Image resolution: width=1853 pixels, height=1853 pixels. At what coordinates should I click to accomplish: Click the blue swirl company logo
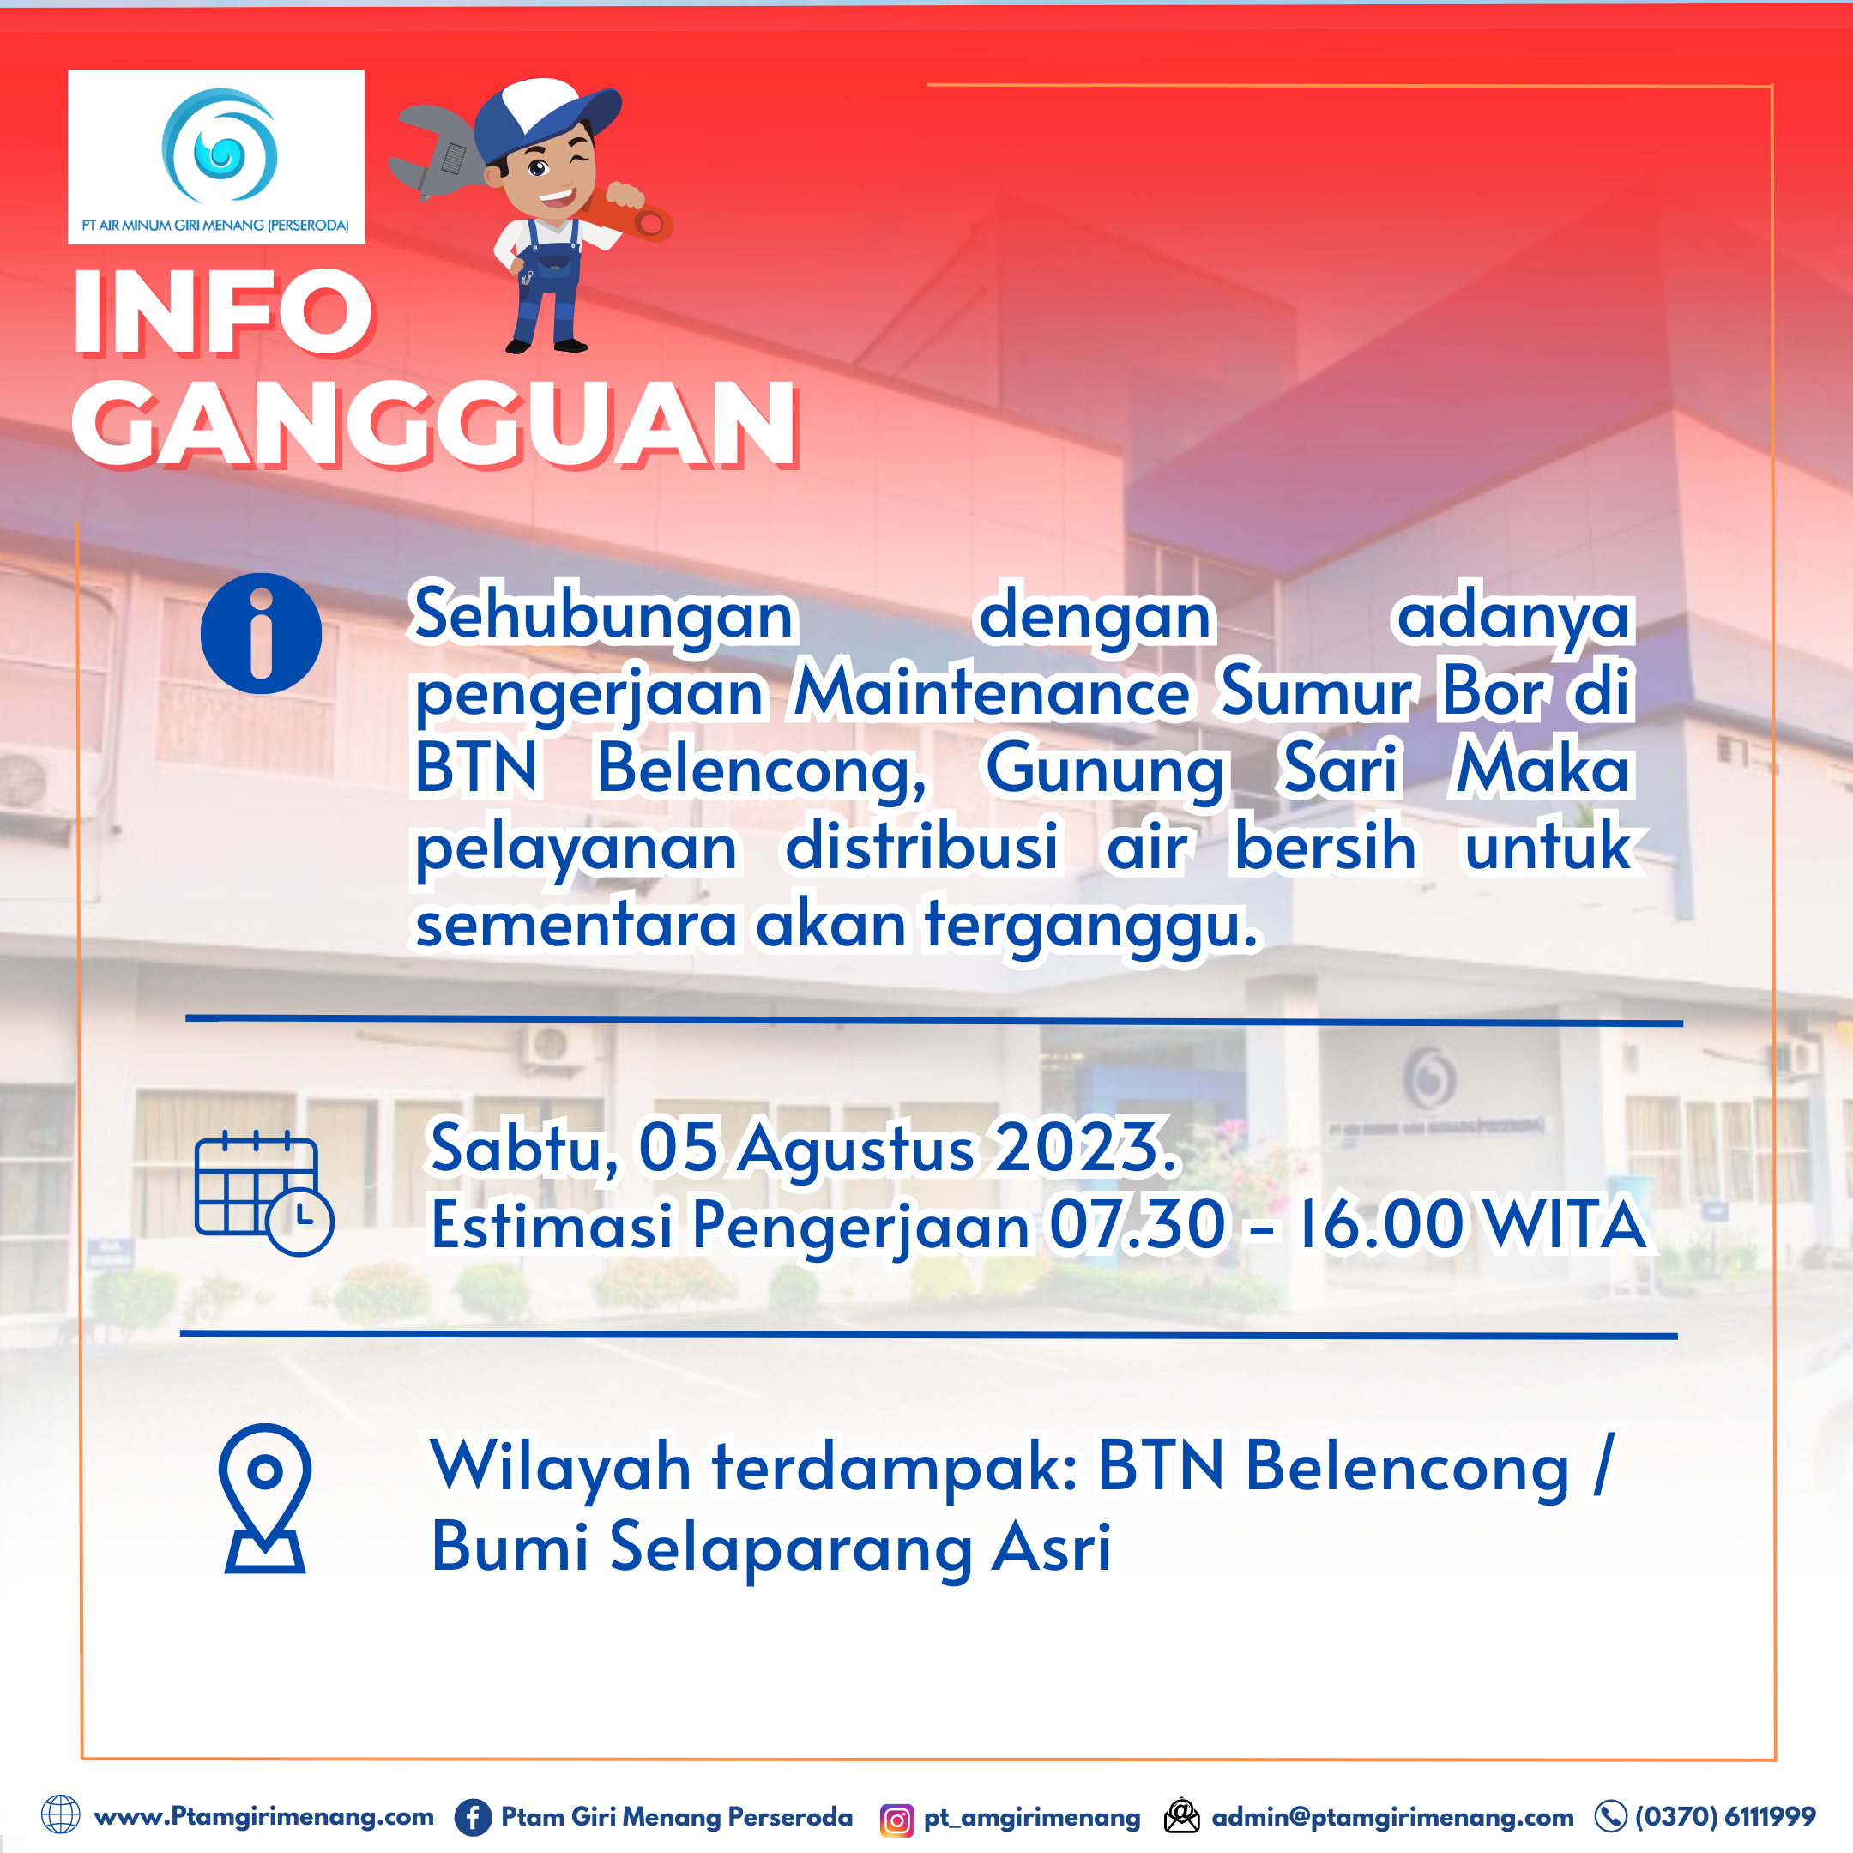pyautogui.click(x=220, y=146)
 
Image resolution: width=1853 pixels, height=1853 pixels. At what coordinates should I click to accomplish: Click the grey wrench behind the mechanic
pyautogui.click(x=438, y=154)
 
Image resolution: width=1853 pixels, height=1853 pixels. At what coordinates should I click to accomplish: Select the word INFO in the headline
pyautogui.click(x=222, y=311)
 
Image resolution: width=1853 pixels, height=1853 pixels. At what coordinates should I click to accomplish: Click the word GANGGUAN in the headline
pyautogui.click(x=433, y=423)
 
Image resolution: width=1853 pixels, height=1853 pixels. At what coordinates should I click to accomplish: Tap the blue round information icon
pyautogui.click(x=261, y=633)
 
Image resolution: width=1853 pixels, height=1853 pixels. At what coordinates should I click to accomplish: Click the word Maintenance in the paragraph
pyautogui.click(x=992, y=691)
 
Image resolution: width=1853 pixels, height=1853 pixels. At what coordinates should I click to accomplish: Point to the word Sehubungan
pyautogui.click(x=602, y=615)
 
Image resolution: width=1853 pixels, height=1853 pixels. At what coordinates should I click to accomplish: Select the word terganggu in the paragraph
pyautogui.click(x=1089, y=926)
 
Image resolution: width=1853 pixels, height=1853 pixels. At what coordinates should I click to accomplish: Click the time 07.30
pyautogui.click(x=1138, y=1225)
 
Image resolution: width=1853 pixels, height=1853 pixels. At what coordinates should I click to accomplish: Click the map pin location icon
pyautogui.click(x=265, y=1497)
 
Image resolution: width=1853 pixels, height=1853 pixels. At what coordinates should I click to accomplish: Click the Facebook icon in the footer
pyautogui.click(x=472, y=1817)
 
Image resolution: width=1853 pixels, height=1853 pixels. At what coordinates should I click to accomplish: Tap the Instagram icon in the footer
pyautogui.click(x=896, y=1819)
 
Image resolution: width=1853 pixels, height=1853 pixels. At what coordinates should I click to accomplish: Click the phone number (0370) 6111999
pyautogui.click(x=1724, y=1817)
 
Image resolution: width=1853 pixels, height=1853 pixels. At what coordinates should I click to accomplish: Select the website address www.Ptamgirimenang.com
pyautogui.click(x=263, y=1817)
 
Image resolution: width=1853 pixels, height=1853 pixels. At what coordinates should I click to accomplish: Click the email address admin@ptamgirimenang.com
pyautogui.click(x=1391, y=1817)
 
